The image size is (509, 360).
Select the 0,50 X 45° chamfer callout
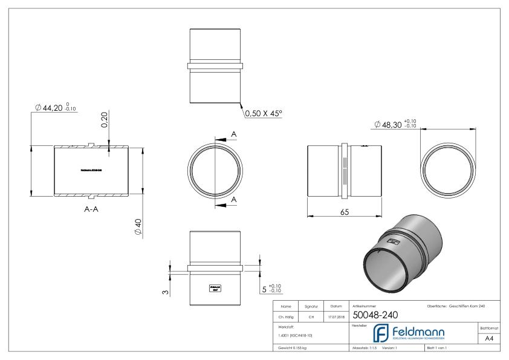coord(264,113)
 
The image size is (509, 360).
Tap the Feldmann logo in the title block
coord(407,334)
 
